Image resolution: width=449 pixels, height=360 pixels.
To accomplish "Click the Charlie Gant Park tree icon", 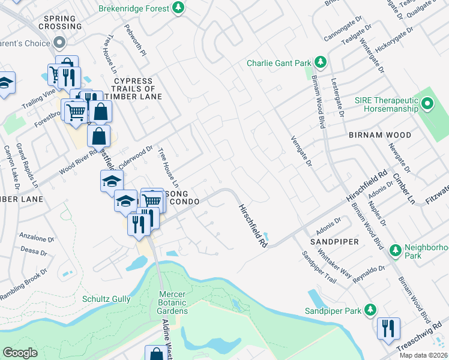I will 321,62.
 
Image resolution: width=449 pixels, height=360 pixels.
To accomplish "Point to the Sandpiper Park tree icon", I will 371,310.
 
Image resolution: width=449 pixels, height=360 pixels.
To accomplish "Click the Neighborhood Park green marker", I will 395,249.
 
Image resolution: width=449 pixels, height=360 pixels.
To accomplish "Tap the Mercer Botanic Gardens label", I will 173,302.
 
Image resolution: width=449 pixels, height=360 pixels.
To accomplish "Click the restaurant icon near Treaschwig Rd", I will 388,328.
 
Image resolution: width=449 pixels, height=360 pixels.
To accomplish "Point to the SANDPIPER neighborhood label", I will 334,241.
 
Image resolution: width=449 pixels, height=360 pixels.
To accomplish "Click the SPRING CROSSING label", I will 59,22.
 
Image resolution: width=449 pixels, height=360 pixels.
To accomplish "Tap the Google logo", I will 20,353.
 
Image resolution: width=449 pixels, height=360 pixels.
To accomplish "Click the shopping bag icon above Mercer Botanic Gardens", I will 156,354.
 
